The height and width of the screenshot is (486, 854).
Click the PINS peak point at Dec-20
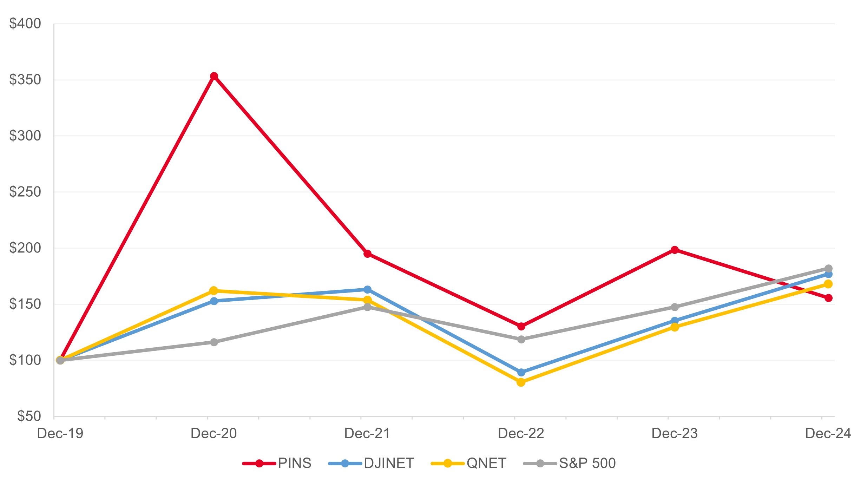(214, 76)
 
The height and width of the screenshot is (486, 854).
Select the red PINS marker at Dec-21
(367, 254)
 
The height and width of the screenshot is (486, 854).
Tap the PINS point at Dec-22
(521, 327)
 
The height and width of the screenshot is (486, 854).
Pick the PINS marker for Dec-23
(675, 250)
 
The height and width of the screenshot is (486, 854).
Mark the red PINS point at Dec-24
(828, 298)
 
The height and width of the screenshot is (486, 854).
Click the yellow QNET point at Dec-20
(214, 291)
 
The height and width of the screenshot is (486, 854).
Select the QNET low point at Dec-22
(521, 382)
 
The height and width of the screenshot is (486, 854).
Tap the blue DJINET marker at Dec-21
(367, 290)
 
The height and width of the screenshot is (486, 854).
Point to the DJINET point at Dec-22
(521, 372)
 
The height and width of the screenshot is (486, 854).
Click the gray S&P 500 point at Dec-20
(214, 342)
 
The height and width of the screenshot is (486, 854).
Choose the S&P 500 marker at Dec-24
(828, 269)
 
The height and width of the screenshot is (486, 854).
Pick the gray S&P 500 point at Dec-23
(675, 307)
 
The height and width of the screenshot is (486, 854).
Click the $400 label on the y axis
(25, 24)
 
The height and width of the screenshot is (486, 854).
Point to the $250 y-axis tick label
(25, 192)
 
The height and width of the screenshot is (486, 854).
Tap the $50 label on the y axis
(29, 416)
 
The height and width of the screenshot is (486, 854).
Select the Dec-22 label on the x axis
(521, 434)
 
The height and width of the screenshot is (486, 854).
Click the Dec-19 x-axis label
(60, 434)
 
